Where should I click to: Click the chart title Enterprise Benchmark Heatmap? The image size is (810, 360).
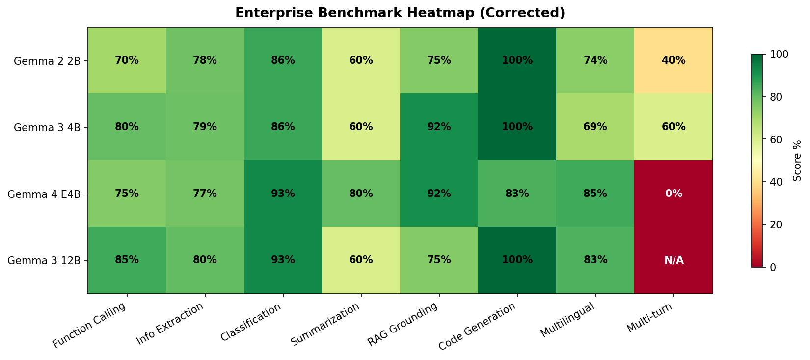point(400,13)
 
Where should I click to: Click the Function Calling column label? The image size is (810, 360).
point(89,325)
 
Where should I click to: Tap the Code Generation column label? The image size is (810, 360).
point(478,326)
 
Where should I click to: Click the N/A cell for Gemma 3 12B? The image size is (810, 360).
point(674,260)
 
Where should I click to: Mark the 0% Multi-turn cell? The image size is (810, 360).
point(674,194)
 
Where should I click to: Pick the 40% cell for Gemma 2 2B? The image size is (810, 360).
point(674,61)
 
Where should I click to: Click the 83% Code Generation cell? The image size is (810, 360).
point(517,194)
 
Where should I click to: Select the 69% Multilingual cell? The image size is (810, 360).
point(595,127)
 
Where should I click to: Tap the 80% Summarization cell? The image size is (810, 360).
point(361,194)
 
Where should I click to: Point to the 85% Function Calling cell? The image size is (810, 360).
point(127,260)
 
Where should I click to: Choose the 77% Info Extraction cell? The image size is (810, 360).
point(205,194)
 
